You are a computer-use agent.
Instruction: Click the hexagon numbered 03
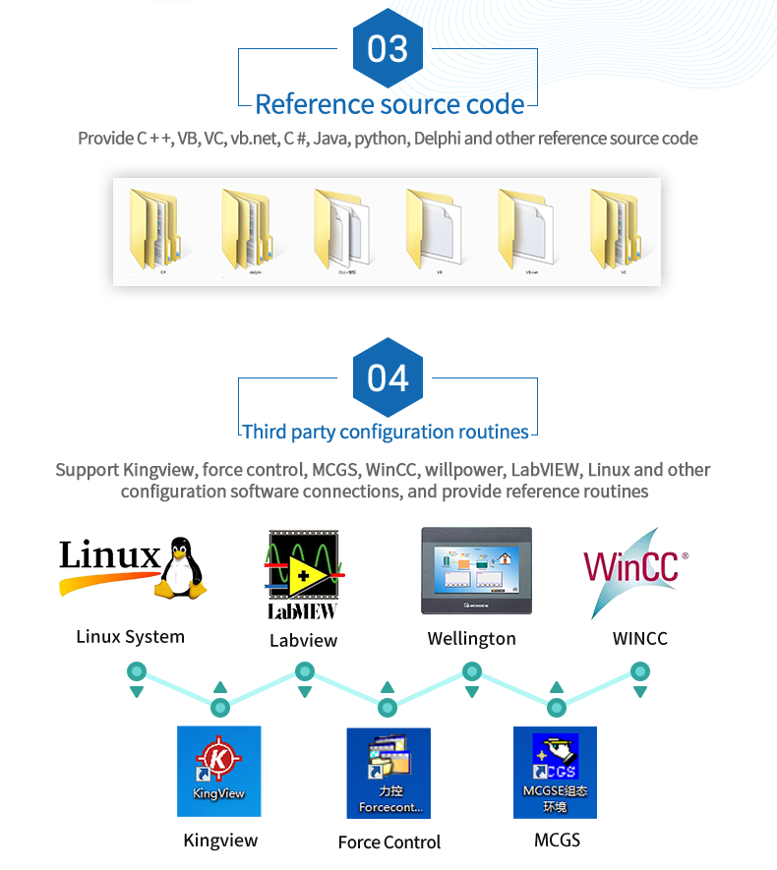point(388,48)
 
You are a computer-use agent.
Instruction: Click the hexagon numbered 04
point(388,377)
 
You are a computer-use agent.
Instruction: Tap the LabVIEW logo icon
point(303,574)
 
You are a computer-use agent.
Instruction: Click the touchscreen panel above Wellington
point(476,571)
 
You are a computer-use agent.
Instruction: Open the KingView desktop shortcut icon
point(218,771)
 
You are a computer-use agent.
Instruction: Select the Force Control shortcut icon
point(388,773)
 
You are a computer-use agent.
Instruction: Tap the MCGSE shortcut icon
point(555,773)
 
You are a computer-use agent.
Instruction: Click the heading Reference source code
point(388,104)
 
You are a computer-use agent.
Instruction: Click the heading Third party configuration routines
point(386,432)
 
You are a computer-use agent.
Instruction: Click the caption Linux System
point(131,636)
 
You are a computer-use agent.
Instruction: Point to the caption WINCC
point(639,638)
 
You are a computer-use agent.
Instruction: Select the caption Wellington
point(471,638)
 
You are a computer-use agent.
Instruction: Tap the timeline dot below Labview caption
point(305,672)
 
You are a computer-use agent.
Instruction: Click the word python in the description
point(380,138)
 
